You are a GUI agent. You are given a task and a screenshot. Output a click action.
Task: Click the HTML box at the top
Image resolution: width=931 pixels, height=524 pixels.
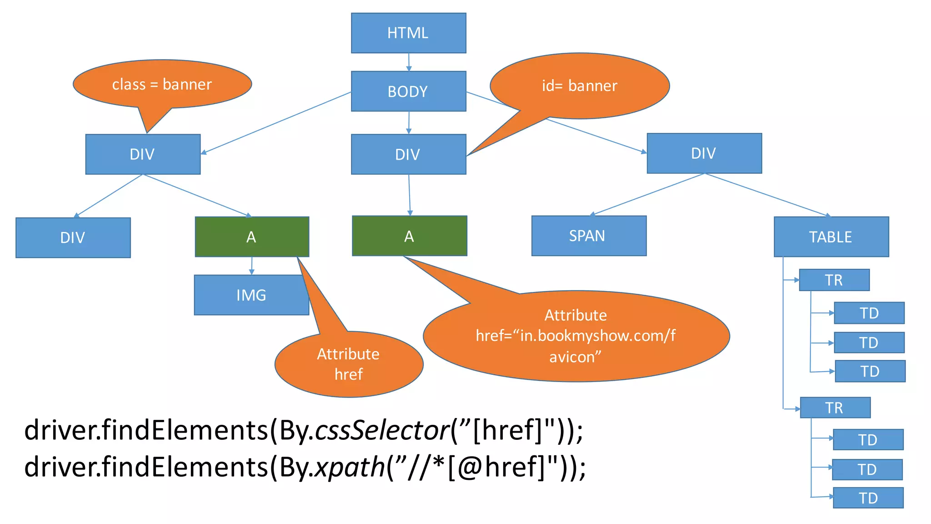coord(408,33)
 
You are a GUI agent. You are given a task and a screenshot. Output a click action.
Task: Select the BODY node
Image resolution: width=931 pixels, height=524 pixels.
coord(408,91)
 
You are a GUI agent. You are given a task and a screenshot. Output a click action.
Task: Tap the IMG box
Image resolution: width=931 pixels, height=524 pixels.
coord(251,295)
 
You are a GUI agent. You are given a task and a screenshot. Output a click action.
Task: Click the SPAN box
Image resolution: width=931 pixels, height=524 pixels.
coord(589,236)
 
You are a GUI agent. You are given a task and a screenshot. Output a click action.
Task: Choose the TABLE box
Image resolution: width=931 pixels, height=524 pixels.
coord(831,237)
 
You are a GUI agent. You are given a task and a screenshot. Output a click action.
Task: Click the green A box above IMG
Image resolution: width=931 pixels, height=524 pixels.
coord(252,237)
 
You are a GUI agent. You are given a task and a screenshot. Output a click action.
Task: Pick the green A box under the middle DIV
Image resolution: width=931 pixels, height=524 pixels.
coord(409,236)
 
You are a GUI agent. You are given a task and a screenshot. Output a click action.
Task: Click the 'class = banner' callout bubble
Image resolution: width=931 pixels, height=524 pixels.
coord(162,84)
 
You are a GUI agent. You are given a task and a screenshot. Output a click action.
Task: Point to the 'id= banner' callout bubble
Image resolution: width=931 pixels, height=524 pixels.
coord(580,86)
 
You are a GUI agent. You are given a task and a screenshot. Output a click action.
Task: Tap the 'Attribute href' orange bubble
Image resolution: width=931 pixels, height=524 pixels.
coord(349,364)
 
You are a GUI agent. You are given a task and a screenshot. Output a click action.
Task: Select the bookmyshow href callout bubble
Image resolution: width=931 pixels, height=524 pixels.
coord(576,336)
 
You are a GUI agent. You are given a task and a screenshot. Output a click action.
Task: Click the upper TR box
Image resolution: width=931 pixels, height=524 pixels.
coord(834,280)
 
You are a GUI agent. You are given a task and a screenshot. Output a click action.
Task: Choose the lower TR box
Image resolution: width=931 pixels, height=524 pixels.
coord(835,408)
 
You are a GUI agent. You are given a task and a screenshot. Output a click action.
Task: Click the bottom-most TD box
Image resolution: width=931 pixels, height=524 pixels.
coord(868,498)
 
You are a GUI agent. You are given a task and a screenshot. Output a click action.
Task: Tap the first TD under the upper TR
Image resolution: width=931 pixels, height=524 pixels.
coord(869,313)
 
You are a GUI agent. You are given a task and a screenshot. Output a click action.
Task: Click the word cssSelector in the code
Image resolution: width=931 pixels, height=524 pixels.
coord(382,430)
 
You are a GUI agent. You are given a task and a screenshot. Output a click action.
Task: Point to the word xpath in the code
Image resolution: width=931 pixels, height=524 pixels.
coord(350,467)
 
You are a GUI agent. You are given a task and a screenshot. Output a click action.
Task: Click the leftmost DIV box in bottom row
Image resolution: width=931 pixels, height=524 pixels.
coord(73,237)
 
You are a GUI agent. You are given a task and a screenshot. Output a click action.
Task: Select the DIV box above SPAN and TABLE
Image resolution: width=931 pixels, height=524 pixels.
coord(704,153)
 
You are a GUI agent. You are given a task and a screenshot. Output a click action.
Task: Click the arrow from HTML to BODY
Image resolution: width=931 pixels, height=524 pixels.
coord(409,62)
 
